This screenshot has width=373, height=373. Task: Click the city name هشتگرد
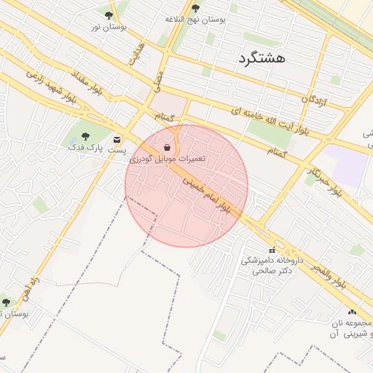pyautogui.click(x=262, y=57)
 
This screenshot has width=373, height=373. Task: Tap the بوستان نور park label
pyautogui.click(x=109, y=27)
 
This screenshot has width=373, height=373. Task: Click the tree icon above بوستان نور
pyautogui.click(x=109, y=15)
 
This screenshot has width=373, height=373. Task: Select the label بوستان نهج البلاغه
pyautogui.click(x=195, y=20)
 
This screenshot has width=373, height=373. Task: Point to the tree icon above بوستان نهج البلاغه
pyautogui.click(x=195, y=9)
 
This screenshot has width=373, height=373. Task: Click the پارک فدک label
pyautogui.click(x=87, y=147)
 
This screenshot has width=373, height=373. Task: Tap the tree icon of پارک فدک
pyautogui.click(x=86, y=136)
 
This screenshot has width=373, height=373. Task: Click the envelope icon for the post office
pyautogui.click(x=117, y=138)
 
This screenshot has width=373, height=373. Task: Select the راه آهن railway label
pyautogui.click(x=31, y=283)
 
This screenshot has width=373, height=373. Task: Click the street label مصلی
pyautogui.click(x=157, y=80)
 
